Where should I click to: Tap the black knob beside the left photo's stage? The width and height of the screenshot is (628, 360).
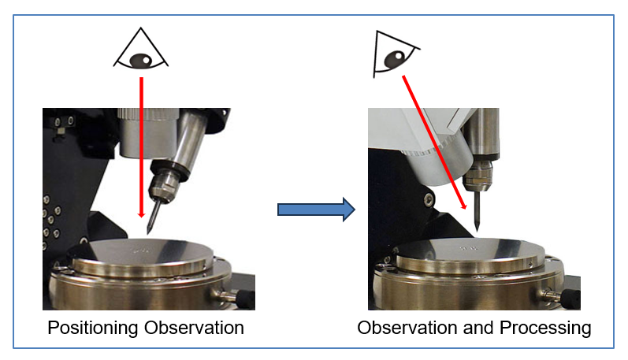click(x=243, y=298)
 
